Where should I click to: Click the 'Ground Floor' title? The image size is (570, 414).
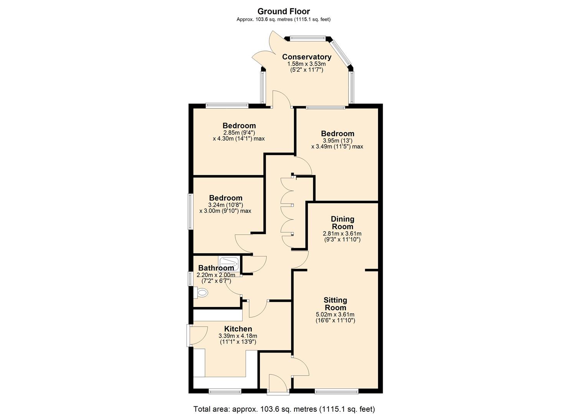coord(283,11)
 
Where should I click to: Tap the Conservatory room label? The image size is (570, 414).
coord(306,57)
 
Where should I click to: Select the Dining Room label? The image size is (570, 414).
coord(342,222)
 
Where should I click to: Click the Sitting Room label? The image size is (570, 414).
coord(335,304)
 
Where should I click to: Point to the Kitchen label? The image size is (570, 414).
coord(238,329)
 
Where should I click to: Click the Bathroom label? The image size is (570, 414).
coord(216,268)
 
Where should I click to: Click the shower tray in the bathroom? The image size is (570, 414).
coord(229,264)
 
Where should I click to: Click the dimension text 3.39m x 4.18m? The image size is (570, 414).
coord(238,336)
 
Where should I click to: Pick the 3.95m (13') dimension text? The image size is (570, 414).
coord(338,141)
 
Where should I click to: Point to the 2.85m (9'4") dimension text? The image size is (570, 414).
coord(239,133)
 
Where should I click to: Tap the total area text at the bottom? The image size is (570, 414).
coord(284,409)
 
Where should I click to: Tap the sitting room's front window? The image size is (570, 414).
coord(337,391)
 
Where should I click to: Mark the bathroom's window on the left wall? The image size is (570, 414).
coord(190,278)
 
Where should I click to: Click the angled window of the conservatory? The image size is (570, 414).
coord(340,53)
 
